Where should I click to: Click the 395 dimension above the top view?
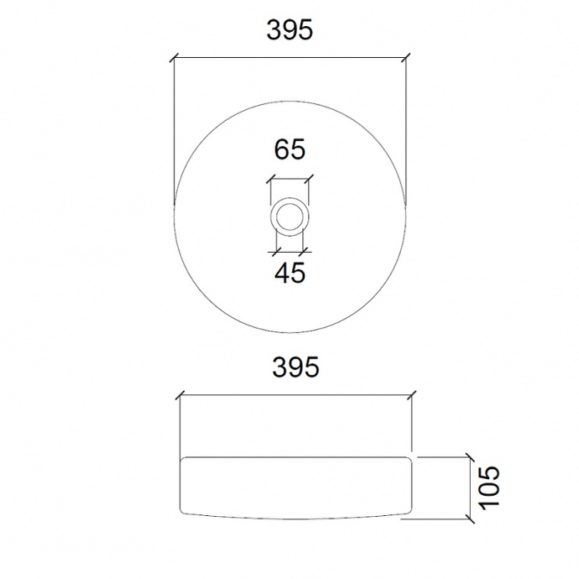point(289,30)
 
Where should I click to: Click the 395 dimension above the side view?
point(295,367)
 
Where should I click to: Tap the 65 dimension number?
point(289,149)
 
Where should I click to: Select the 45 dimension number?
point(290,273)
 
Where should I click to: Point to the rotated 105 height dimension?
point(489,488)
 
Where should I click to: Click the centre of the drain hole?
point(289,216)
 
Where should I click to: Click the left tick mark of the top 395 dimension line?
point(175,58)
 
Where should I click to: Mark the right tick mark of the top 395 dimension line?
point(406,58)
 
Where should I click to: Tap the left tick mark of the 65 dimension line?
point(271,180)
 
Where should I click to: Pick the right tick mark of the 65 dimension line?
point(309,180)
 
